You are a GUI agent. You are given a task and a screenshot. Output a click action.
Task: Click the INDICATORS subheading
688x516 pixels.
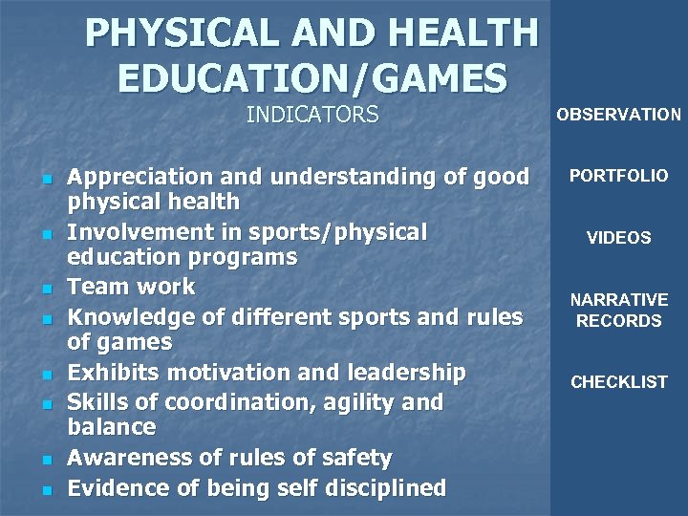(x=312, y=116)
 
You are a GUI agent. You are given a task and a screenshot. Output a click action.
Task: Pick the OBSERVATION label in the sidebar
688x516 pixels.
(x=618, y=115)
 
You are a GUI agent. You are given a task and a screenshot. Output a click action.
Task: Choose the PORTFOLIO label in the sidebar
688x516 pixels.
(x=618, y=176)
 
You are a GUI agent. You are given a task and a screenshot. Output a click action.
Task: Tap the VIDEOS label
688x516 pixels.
(x=618, y=238)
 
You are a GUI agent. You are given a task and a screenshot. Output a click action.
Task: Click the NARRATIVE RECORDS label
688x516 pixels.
(x=618, y=311)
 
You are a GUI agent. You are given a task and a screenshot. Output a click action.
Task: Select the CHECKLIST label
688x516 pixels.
(x=618, y=382)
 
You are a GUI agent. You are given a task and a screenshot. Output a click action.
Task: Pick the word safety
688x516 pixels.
(x=354, y=459)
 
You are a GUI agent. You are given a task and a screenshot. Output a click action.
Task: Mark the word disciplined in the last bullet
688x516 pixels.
(x=381, y=488)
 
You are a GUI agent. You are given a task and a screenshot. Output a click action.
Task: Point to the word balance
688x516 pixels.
(x=111, y=427)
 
